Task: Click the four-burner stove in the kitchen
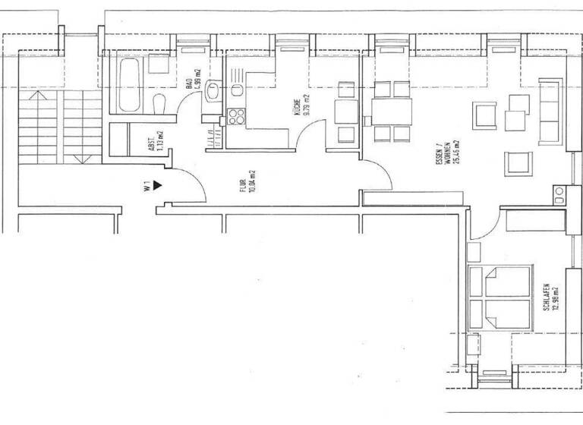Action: pyautogui.click(x=235, y=118)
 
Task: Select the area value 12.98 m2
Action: pyautogui.click(x=556, y=297)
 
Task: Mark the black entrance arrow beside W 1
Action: pyautogui.click(x=157, y=184)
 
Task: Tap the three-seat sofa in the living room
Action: pyautogui.click(x=550, y=112)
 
